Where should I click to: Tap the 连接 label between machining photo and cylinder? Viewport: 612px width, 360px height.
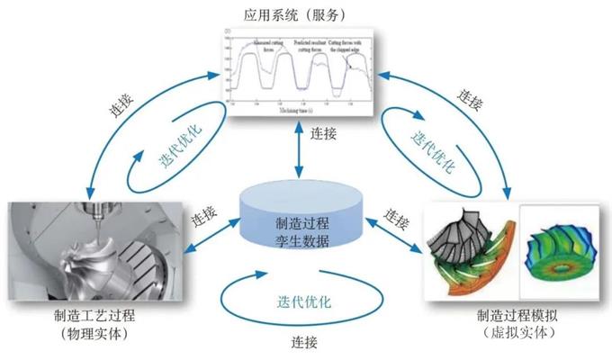point(205,217)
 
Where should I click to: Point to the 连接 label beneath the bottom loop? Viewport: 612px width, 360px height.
point(304,342)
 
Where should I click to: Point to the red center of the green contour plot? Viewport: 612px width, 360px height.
point(565,269)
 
